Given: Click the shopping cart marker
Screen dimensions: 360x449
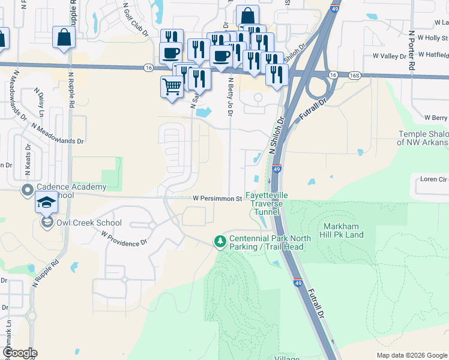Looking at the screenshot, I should click(172, 88).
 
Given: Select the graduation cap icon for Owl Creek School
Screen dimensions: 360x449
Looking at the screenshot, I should click(46, 203).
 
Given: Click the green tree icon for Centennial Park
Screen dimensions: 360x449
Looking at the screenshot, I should click(220, 241).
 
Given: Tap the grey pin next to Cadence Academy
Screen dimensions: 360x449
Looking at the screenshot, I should click(27, 191).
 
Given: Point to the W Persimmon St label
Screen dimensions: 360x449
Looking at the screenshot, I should click(217, 198).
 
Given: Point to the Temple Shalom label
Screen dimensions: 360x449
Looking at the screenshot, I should click(423, 139).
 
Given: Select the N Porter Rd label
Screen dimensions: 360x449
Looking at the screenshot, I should click(412, 52).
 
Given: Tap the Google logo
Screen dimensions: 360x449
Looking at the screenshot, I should click(20, 353).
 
